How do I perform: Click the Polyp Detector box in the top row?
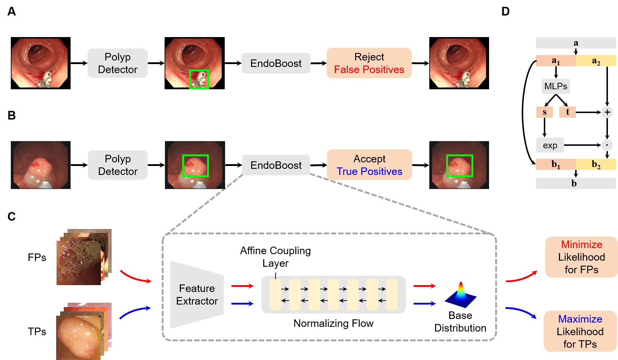(x=117, y=63)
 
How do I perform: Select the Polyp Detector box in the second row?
(x=118, y=165)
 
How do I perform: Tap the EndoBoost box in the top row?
(x=276, y=63)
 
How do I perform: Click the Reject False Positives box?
(x=369, y=63)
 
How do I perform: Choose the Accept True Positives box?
(x=369, y=165)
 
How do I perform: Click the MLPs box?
(x=556, y=86)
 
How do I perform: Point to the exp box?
(x=550, y=145)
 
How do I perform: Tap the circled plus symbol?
(x=607, y=112)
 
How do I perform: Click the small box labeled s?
(x=544, y=112)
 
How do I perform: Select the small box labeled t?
(x=567, y=112)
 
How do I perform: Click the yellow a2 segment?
(x=596, y=61)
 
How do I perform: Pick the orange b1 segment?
(x=556, y=165)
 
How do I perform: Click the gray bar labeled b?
(x=576, y=184)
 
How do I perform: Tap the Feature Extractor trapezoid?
(x=197, y=294)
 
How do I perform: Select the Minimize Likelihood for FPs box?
(x=581, y=257)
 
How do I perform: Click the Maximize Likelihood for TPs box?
(x=580, y=331)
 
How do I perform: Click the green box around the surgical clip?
(x=199, y=80)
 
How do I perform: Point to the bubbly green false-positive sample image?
(x=79, y=263)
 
